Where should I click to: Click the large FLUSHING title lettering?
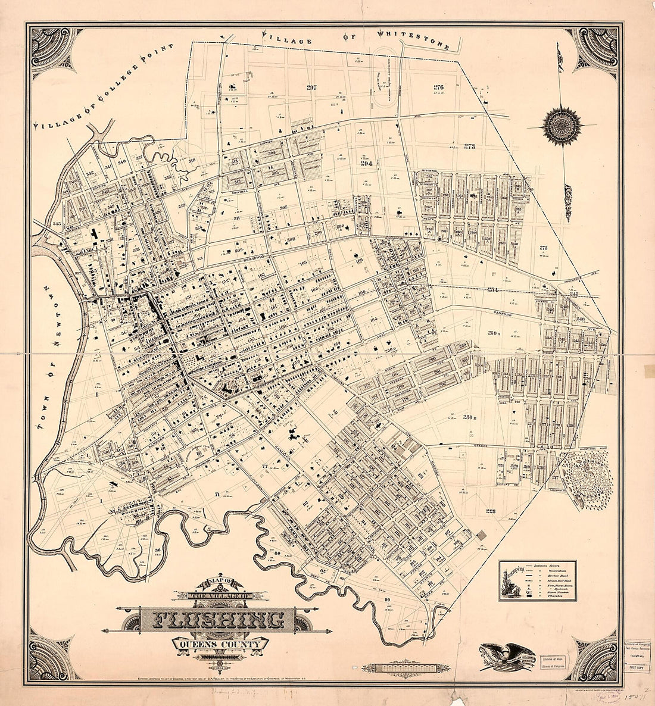220,620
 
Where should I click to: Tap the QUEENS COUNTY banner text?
220,644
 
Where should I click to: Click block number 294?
366,161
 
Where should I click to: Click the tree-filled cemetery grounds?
586,476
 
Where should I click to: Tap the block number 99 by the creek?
387,599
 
